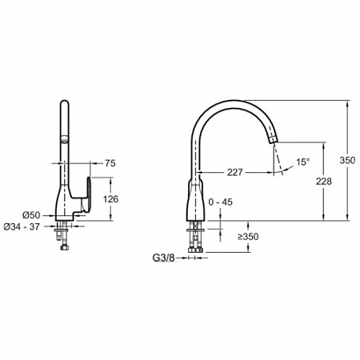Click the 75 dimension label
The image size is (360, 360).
click(110, 163)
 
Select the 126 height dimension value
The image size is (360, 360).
click(110, 199)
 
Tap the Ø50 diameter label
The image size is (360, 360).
click(31, 215)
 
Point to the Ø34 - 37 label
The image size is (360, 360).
click(22, 226)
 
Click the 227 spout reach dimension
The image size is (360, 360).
click(235, 172)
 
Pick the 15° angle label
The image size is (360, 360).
click(303, 162)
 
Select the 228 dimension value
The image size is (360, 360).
click(324, 182)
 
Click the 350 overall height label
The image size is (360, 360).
click(347, 160)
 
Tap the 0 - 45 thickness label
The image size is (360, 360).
click(220, 202)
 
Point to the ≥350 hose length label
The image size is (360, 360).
click(248, 237)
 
